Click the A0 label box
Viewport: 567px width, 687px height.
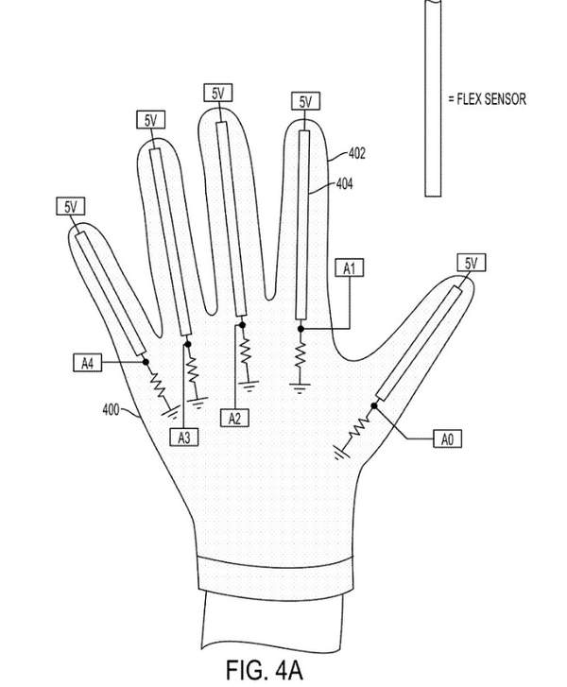[447, 438]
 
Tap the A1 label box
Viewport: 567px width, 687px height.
[350, 268]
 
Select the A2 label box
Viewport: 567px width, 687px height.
[234, 418]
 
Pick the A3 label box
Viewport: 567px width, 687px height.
[184, 437]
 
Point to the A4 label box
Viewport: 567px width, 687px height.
[87, 363]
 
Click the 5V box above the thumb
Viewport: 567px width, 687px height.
[471, 263]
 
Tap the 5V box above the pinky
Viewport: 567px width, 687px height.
[70, 206]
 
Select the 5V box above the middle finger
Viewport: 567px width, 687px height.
[217, 93]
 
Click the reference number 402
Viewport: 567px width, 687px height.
[356, 153]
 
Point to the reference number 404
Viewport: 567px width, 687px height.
[344, 183]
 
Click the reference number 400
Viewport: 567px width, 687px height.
[111, 410]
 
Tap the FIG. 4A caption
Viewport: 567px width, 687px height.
[264, 670]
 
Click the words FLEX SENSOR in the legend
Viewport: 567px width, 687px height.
[491, 99]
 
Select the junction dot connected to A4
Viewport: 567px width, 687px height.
[146, 362]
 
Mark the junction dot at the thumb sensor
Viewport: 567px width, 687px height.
[374, 406]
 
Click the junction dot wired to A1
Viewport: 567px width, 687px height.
[301, 329]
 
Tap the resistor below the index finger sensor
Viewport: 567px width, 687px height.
[301, 355]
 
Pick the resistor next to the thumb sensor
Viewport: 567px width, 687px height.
[359, 428]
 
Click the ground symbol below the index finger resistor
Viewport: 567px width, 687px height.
[300, 388]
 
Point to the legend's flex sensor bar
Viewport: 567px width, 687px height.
[433, 98]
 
